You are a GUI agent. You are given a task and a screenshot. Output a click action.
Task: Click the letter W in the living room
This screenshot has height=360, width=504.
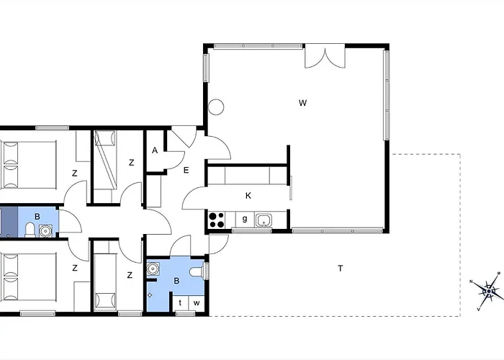click(302, 103)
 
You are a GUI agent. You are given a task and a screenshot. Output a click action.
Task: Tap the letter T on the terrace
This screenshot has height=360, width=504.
click(341, 268)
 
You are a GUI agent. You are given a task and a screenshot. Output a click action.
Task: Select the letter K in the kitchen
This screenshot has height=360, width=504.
click(248, 196)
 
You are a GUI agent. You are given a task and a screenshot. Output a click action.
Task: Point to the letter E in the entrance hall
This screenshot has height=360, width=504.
click(186, 170)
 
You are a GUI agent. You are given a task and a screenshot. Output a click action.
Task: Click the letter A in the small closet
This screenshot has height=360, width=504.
click(155, 150)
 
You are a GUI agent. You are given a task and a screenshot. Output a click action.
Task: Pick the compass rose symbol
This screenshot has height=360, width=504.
click(489, 291)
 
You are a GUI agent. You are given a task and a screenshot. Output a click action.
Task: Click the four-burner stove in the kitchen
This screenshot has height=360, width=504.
click(217, 220)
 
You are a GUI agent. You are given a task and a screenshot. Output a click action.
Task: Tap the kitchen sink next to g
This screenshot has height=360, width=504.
click(264, 220)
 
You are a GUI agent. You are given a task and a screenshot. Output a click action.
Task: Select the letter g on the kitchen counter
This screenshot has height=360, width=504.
click(245, 219)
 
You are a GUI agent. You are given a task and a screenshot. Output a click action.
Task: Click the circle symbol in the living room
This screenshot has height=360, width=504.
click(216, 107)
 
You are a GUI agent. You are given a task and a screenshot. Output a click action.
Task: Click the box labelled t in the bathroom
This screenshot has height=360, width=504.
click(180, 303)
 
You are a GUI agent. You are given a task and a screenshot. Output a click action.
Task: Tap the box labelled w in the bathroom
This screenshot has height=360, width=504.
click(197, 303)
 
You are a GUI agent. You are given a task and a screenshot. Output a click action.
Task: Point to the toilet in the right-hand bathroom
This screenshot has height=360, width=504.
click(197, 272)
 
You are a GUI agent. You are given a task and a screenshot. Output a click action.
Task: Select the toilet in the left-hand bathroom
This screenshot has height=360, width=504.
click(30, 230)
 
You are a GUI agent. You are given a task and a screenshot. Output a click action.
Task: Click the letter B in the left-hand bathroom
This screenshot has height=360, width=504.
click(37, 217)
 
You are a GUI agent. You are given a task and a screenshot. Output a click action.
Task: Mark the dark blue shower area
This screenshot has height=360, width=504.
click(9, 222)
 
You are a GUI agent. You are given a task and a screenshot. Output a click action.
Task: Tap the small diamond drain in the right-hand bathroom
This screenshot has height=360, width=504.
click(150, 294)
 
